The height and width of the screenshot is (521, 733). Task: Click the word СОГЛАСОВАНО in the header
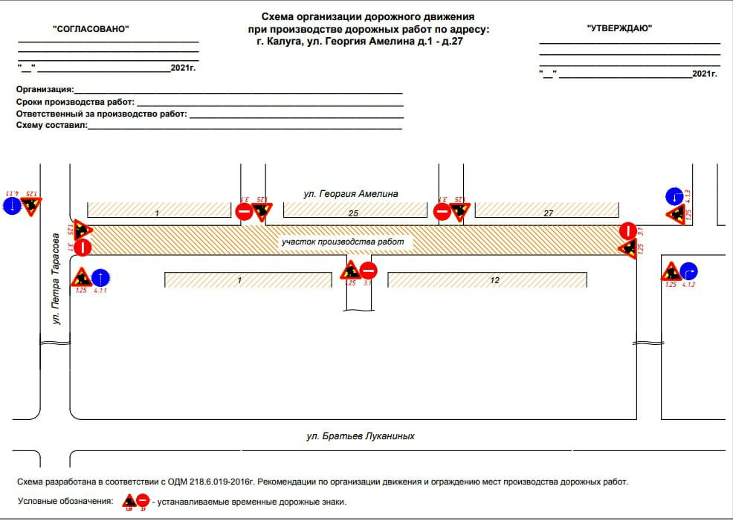(x=91, y=28)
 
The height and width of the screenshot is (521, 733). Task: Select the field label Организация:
(x=45, y=89)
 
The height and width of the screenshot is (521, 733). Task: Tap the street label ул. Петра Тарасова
(x=55, y=281)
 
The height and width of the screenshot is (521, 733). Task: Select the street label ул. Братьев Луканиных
(x=360, y=436)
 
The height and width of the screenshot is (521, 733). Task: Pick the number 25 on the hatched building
(x=354, y=214)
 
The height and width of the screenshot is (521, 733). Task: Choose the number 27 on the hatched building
(x=549, y=214)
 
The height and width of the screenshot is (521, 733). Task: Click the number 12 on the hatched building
(x=494, y=280)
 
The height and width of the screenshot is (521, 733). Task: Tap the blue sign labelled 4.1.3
(x=673, y=196)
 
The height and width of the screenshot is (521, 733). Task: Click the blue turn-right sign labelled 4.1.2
(x=689, y=271)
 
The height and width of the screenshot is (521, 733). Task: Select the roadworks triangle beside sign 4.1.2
(x=671, y=272)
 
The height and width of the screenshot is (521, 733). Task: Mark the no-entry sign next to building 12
(x=368, y=271)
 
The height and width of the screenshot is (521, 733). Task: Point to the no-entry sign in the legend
(x=143, y=501)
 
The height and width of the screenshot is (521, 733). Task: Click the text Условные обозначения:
(x=65, y=502)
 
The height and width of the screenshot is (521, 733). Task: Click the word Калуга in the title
(x=284, y=42)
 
